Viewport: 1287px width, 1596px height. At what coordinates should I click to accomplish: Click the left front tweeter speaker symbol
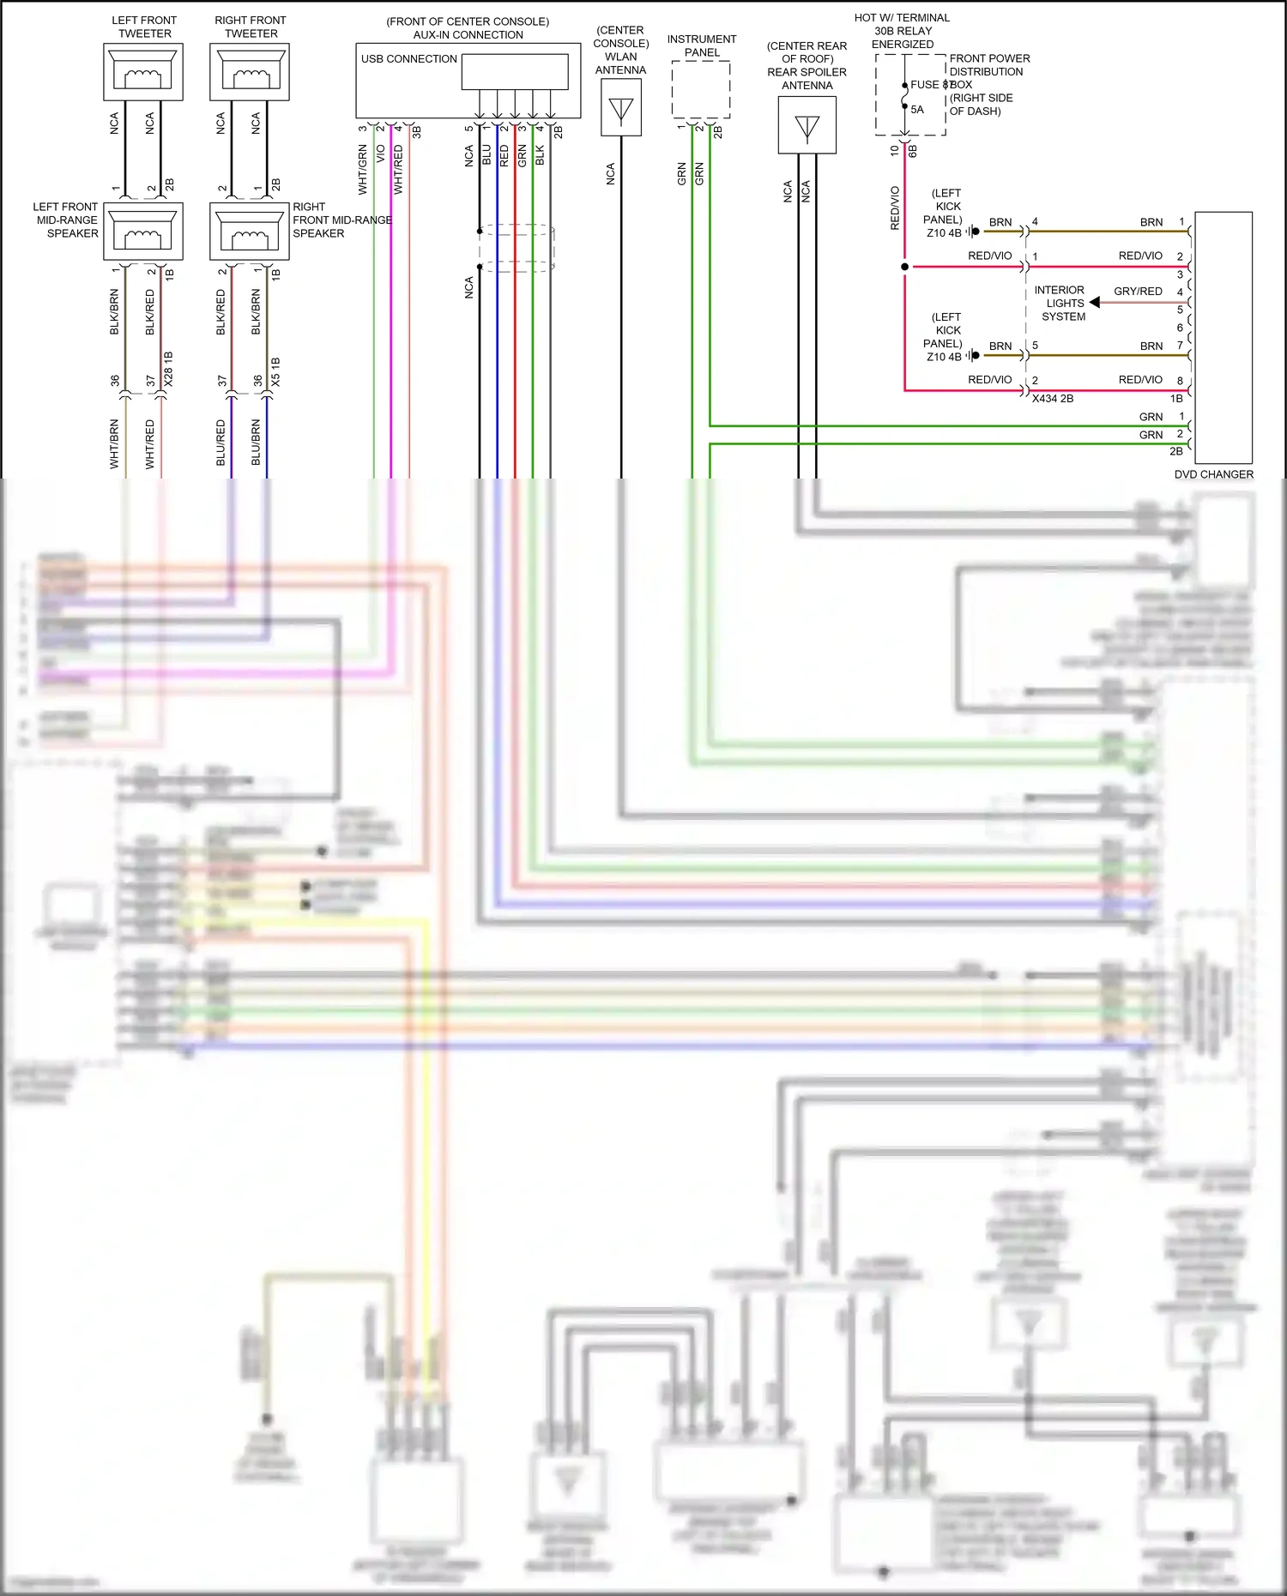(x=143, y=72)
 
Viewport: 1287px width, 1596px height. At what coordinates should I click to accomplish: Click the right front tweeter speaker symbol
(x=250, y=72)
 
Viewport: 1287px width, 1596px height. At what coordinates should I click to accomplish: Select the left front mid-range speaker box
(x=143, y=232)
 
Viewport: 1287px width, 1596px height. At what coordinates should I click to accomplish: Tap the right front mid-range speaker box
(x=250, y=232)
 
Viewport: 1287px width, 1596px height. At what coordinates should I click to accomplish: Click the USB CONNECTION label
(x=408, y=59)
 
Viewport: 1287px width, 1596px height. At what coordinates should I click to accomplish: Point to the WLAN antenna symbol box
(x=621, y=108)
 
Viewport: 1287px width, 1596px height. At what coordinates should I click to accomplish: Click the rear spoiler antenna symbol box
(x=807, y=125)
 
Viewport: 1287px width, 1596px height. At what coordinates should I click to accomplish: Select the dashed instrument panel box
(x=701, y=90)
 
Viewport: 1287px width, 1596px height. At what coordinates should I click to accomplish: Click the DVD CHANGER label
(x=1213, y=474)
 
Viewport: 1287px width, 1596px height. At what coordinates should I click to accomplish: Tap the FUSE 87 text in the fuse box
(x=930, y=85)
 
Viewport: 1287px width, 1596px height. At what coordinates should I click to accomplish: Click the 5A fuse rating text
(x=917, y=110)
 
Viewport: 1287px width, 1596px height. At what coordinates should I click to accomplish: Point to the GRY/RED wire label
(x=1138, y=292)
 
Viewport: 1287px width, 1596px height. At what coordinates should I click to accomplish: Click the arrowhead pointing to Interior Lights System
(x=1095, y=302)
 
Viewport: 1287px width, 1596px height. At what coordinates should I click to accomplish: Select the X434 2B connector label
(x=1053, y=399)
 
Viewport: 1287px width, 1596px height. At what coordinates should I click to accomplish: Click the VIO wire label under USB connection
(x=381, y=154)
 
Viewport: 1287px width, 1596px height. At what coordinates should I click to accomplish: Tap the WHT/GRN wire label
(x=363, y=169)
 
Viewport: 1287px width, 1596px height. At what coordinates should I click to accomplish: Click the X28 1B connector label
(x=169, y=369)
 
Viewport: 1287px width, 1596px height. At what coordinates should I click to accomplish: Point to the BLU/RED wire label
(x=221, y=443)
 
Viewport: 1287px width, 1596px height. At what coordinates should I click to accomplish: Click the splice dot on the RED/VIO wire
(x=904, y=267)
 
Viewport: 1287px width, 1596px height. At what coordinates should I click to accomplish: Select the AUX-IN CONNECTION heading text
(x=468, y=35)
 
